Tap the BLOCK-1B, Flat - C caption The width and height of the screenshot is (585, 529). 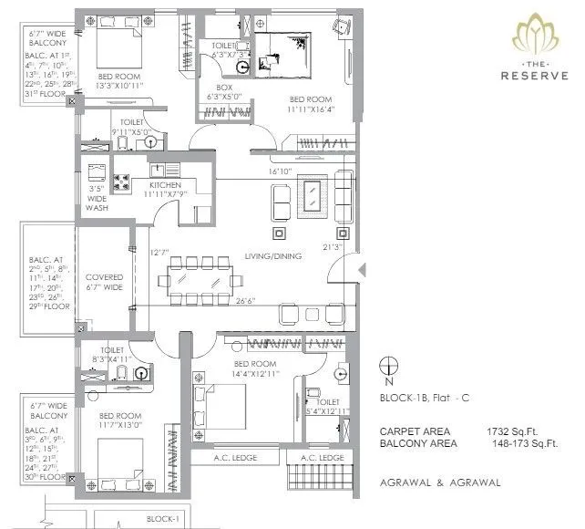(424, 399)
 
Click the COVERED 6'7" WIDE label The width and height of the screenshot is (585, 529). (104, 282)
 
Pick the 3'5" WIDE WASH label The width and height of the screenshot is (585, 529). (97, 199)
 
